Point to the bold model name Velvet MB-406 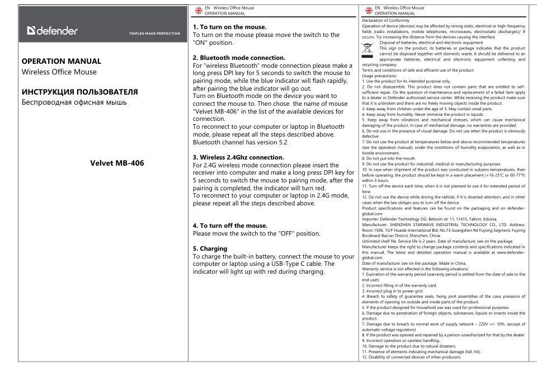point(117,163)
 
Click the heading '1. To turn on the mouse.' point(229,26)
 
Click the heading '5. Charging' point(210,247)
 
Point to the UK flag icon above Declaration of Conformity point(368,11)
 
